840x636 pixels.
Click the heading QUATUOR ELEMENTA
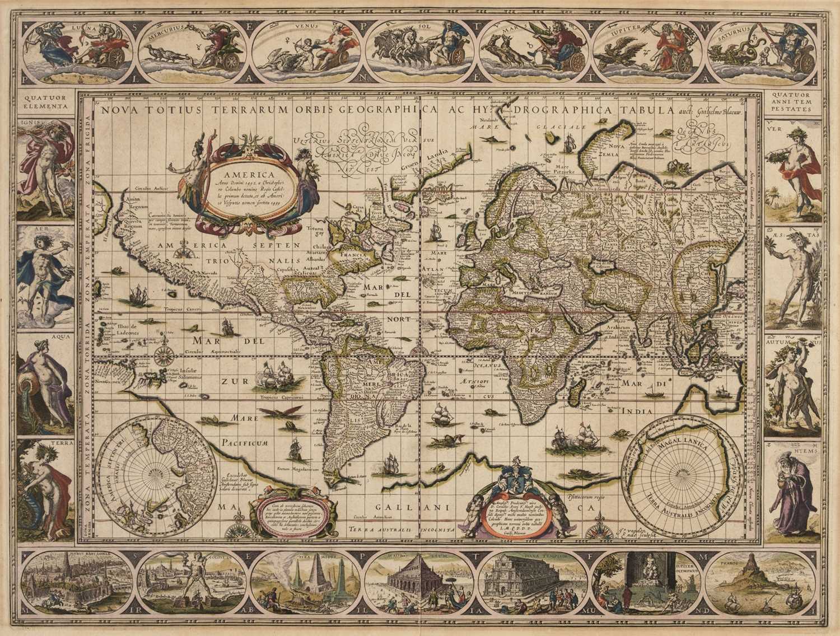[42, 100]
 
